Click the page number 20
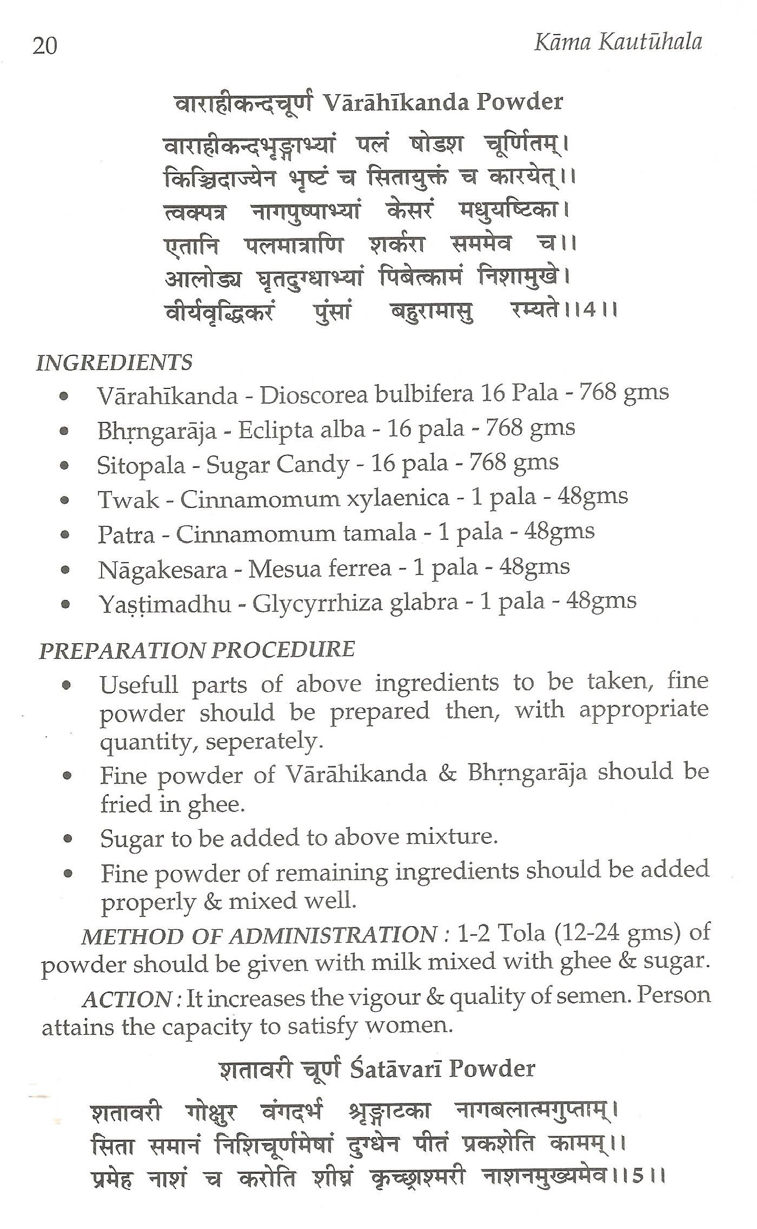(44, 47)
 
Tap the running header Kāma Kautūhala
(617, 43)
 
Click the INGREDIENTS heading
(114, 362)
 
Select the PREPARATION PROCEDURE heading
(197, 650)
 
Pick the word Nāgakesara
(163, 570)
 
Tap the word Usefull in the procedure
(139, 685)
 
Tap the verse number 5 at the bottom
(639, 1176)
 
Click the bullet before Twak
(65, 500)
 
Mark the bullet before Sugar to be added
(68, 839)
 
